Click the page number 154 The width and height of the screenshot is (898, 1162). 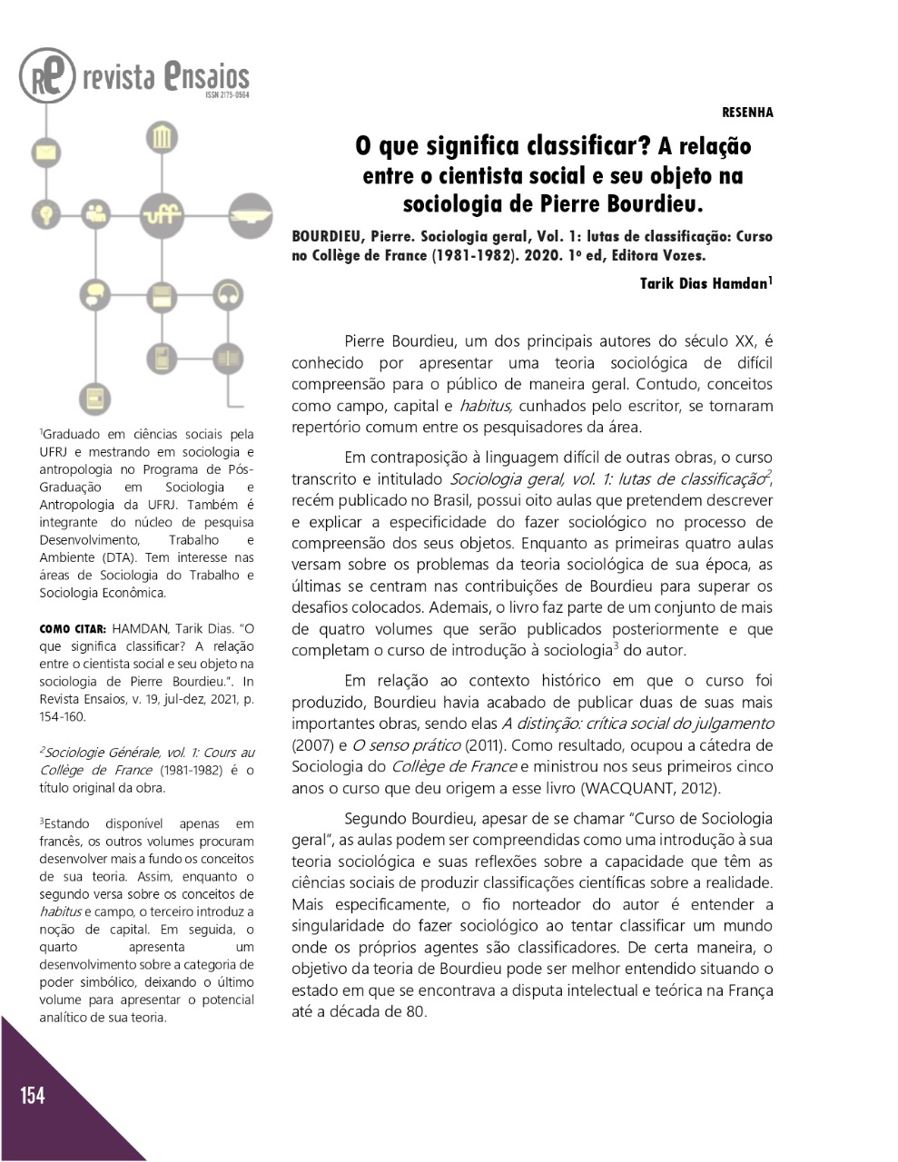[x=33, y=1096]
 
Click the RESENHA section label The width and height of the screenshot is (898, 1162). [x=747, y=113]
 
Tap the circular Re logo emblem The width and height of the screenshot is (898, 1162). [x=47, y=75]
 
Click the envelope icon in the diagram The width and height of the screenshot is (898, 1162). [x=45, y=151]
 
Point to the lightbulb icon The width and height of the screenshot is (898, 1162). [x=45, y=214]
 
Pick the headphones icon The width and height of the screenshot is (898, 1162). [x=228, y=294]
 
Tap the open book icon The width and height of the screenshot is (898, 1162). [x=228, y=357]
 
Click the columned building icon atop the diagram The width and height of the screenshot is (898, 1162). [x=163, y=138]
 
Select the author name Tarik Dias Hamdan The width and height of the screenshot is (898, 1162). [x=704, y=283]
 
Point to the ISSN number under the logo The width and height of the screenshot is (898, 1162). [x=227, y=94]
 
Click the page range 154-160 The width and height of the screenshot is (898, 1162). [x=63, y=717]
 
